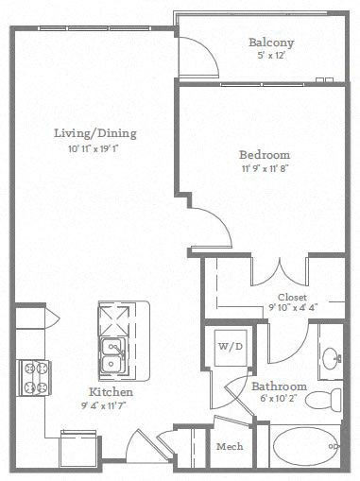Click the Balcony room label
(x=271, y=43)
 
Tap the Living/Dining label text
(x=95, y=133)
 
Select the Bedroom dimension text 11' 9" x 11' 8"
(x=266, y=168)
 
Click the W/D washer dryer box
(x=231, y=348)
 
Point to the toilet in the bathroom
(x=323, y=400)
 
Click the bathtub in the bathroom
(x=305, y=446)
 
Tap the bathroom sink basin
(x=331, y=358)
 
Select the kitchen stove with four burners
(x=34, y=378)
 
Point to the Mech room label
(x=230, y=446)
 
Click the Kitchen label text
(x=111, y=392)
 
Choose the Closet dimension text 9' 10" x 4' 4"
(x=293, y=307)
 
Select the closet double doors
(x=279, y=273)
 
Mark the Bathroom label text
(x=279, y=387)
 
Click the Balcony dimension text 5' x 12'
(x=271, y=56)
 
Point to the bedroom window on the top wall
(x=262, y=84)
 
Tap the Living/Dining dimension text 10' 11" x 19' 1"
(x=94, y=148)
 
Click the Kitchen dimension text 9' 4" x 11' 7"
(x=104, y=405)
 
